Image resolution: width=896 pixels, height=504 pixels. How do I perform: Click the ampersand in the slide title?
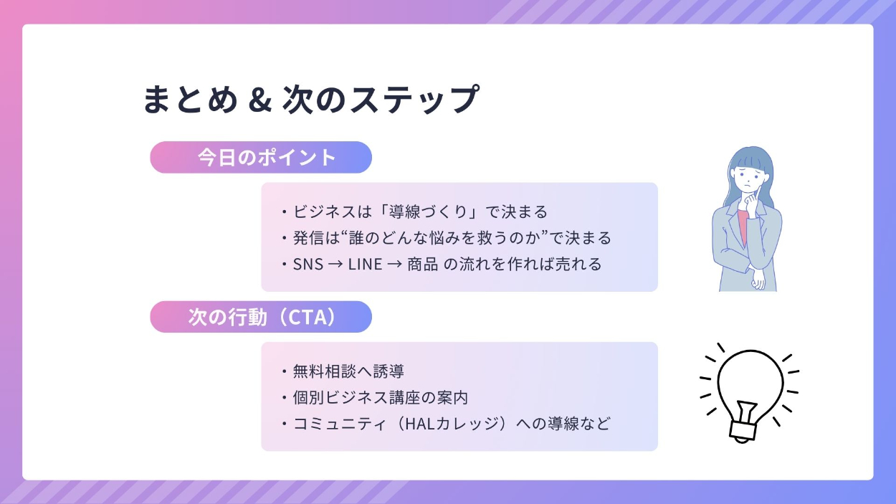260,100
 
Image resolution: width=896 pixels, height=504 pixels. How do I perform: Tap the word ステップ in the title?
415,99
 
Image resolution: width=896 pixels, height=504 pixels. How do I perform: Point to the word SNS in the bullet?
308,265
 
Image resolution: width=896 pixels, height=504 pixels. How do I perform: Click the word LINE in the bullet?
365,265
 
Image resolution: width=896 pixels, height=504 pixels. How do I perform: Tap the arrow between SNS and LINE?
335,265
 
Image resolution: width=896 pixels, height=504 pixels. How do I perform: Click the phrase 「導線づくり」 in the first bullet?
429,211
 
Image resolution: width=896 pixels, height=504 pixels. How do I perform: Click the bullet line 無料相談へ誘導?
348,371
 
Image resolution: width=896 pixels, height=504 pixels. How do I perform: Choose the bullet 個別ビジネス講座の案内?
381,398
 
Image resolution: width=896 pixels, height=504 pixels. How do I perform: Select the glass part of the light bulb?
750,384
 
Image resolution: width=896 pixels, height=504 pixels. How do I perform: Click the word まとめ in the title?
191,99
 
